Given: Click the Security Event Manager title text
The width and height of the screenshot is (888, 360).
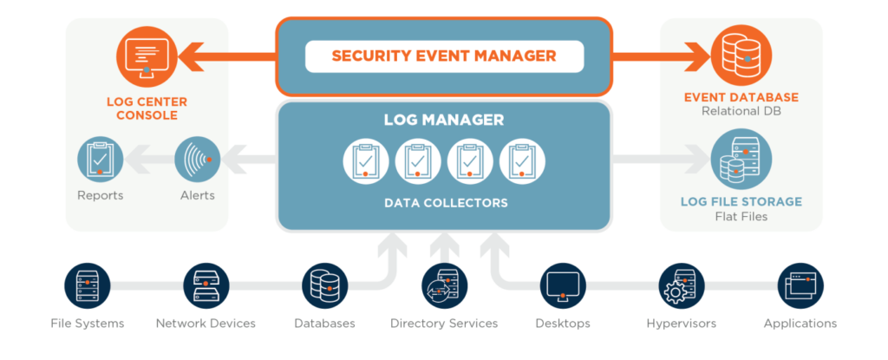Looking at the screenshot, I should (444, 56).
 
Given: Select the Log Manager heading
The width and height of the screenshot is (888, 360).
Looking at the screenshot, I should (444, 119).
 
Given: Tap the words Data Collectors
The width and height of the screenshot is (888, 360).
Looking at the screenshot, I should (444, 203).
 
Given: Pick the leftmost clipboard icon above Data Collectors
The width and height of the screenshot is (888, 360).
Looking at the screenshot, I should (366, 160).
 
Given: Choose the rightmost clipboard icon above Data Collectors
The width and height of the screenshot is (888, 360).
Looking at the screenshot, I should (522, 160).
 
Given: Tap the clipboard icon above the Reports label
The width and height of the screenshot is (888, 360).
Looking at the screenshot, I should (100, 160).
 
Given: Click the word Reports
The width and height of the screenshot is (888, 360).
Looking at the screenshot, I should (100, 195).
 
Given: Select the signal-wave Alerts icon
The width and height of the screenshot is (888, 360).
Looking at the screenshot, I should (197, 160).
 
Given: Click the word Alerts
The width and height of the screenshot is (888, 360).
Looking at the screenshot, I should (197, 195).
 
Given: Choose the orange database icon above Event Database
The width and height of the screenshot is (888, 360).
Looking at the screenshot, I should (739, 52).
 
